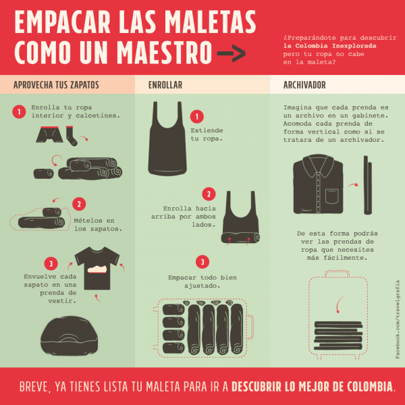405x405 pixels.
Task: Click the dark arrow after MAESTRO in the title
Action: (x=231, y=53)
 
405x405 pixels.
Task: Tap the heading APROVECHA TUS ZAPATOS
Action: (x=56, y=85)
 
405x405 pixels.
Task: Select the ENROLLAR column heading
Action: (x=165, y=85)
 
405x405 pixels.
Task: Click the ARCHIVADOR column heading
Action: (x=304, y=85)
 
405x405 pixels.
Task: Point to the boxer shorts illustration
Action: (x=49, y=134)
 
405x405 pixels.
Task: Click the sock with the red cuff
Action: (x=72, y=136)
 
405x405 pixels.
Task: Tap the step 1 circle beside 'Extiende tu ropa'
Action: (x=197, y=117)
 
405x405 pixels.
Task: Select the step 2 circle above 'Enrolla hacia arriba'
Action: (x=209, y=194)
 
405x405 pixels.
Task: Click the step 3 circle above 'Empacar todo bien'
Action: (x=202, y=262)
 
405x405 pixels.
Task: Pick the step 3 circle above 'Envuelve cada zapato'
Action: (x=51, y=263)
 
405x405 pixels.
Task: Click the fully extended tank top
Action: (x=167, y=138)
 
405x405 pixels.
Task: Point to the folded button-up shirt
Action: (x=318, y=184)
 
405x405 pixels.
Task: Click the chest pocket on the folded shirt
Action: (x=332, y=196)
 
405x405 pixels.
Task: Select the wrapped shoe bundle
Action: (x=70, y=335)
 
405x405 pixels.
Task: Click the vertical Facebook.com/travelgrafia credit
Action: (x=398, y=319)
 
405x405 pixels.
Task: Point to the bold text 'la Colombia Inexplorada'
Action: (x=329, y=46)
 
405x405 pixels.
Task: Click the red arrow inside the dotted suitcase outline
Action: (x=338, y=305)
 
